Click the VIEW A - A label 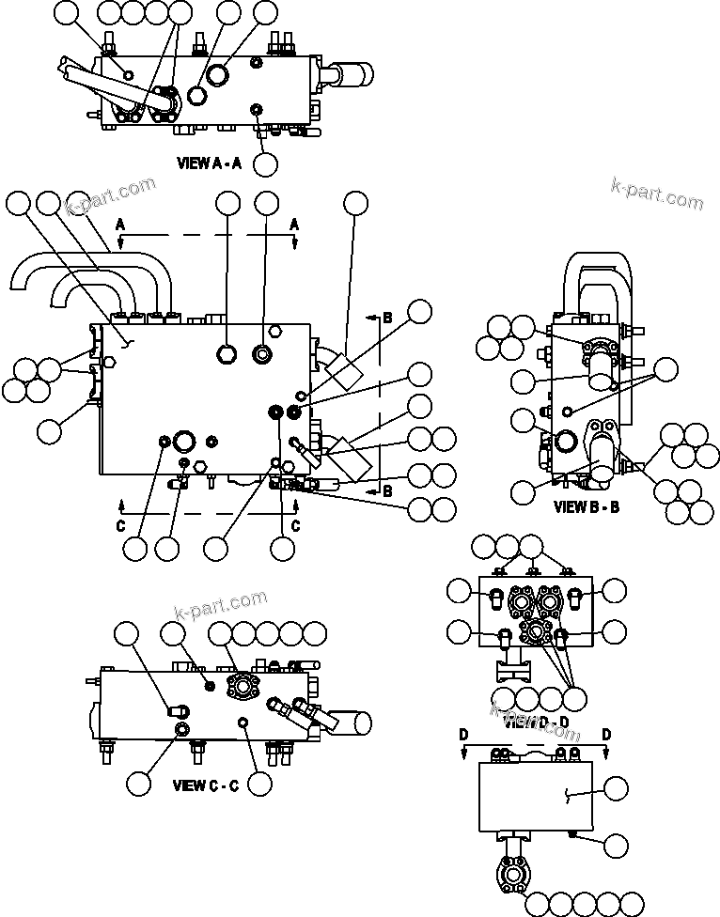coord(210,163)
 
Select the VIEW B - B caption coord(587,507)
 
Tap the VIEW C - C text coord(205,785)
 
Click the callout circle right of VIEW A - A coord(266,163)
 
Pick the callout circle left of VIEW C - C coord(139,783)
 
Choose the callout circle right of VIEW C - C coord(259,782)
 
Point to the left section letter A coord(119,225)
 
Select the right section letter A coord(294,225)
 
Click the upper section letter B coord(386,319)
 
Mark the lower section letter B coord(386,490)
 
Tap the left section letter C coord(120,526)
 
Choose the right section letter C coord(295,526)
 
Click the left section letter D coord(462,734)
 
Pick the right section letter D coord(606,734)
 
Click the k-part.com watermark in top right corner coord(656,194)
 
